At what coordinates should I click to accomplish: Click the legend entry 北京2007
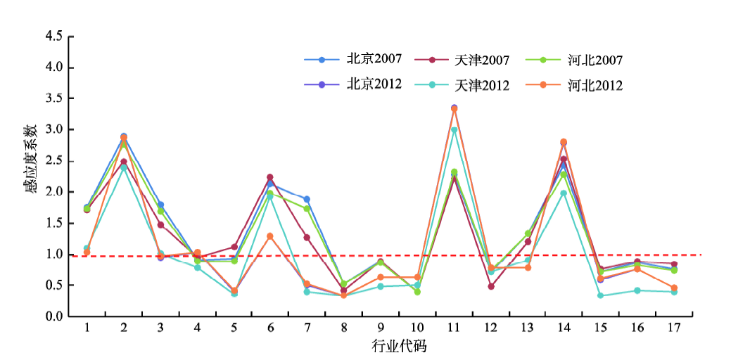[353, 59]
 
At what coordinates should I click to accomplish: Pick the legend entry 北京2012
[353, 84]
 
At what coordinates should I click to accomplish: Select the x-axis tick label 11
[453, 328]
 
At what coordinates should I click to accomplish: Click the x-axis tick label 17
[673, 328]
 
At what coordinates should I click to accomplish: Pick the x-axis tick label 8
[343, 328]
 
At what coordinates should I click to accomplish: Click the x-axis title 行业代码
[400, 346]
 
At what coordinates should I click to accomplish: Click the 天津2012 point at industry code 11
[454, 130]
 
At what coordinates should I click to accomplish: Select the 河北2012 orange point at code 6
[270, 236]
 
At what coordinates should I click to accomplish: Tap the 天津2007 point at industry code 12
[490, 286]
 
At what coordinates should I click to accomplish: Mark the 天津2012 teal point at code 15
[600, 295]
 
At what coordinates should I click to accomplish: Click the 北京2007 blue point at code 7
[307, 199]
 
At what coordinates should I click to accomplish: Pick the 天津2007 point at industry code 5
[234, 247]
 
